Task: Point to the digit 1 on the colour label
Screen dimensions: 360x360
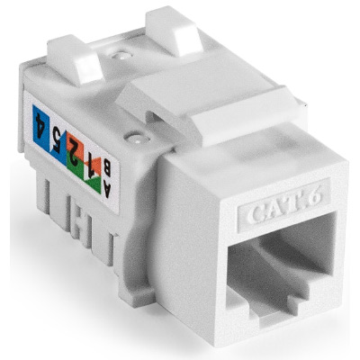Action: click(88, 162)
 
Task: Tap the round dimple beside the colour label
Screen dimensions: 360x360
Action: click(134, 139)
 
